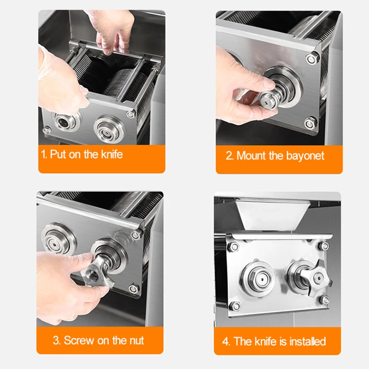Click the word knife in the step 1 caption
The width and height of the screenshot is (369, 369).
(112, 155)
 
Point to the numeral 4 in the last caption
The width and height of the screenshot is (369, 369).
(226, 342)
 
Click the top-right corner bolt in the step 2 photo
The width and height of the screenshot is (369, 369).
(312, 59)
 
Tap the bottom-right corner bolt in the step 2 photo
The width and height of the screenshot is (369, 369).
(309, 123)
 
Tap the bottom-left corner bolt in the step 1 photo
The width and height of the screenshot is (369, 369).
(47, 130)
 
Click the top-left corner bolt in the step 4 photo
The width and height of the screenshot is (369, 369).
(234, 246)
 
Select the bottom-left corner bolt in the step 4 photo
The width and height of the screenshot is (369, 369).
(234, 306)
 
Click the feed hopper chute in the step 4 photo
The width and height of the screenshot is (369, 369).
(272, 214)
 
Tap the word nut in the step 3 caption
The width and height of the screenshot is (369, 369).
(137, 340)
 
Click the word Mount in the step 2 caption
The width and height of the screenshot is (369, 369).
(251, 155)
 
